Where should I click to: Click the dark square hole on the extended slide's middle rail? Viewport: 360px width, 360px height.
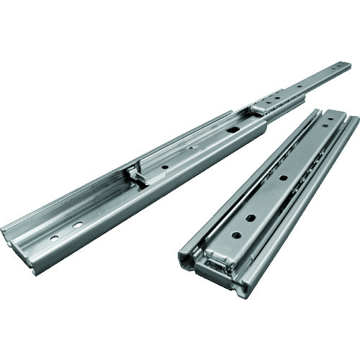pos(233,130)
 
